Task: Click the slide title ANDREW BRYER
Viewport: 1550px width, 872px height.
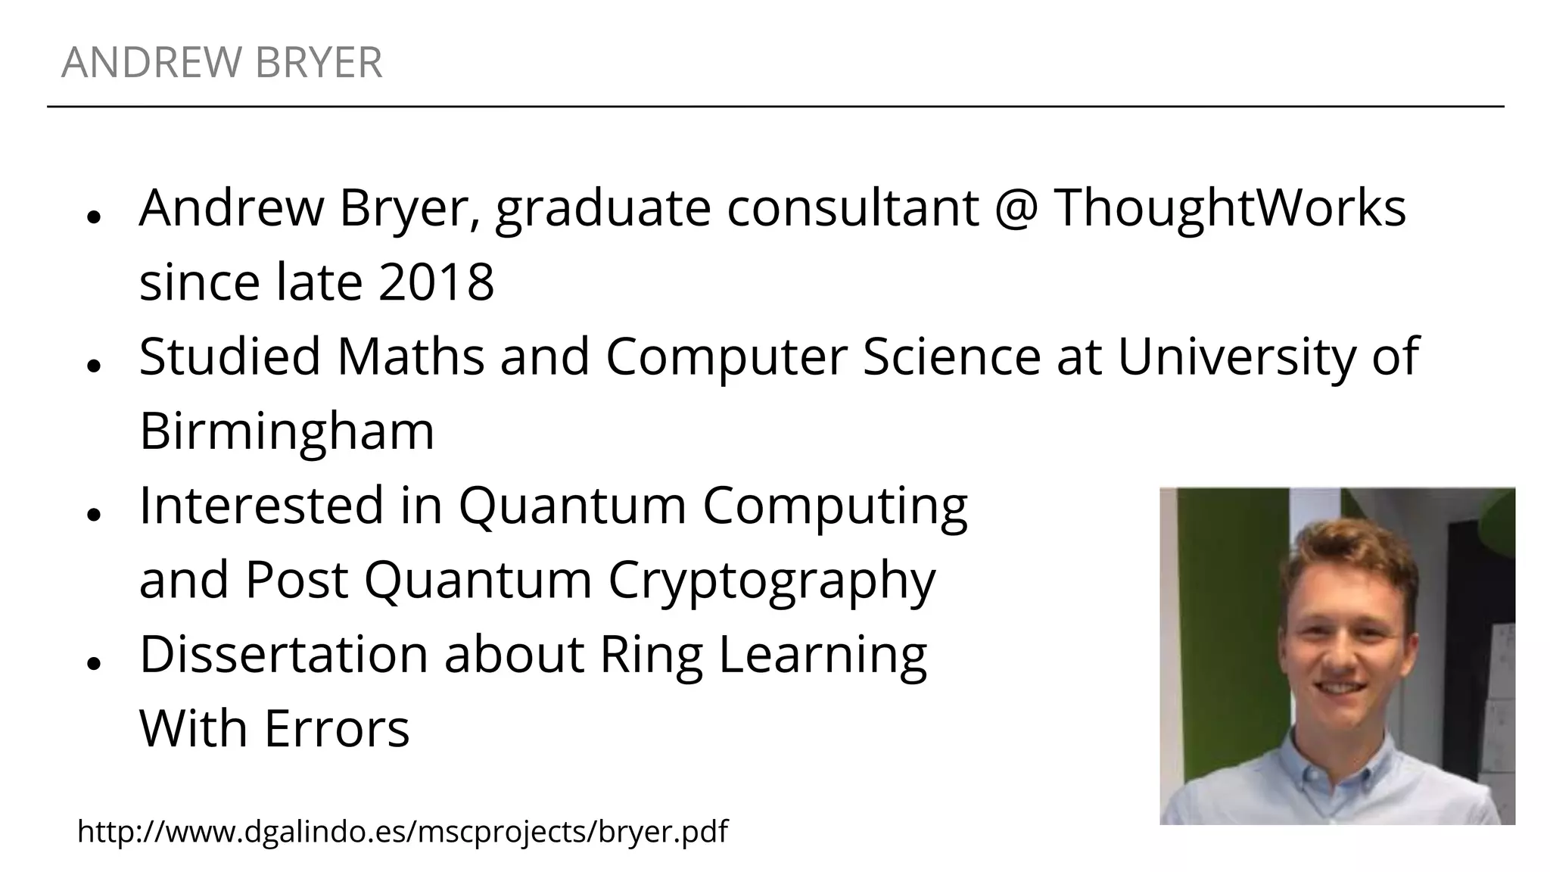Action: (222, 62)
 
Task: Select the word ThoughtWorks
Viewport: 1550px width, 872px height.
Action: (1229, 207)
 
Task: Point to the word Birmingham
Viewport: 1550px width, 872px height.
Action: (287, 431)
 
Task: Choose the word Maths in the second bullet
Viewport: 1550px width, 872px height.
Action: (410, 356)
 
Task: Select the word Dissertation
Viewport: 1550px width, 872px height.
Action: (284, 654)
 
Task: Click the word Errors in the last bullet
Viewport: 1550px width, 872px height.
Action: (336, 728)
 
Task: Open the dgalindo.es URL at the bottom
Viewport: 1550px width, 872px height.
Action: (403, 831)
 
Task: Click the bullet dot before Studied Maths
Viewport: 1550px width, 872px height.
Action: (94, 365)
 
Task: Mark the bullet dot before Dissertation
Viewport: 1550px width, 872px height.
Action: (94, 663)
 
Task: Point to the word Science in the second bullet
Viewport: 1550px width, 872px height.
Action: (951, 356)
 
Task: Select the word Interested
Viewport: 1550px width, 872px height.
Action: (262, 505)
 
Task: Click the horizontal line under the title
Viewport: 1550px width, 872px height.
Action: (775, 107)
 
